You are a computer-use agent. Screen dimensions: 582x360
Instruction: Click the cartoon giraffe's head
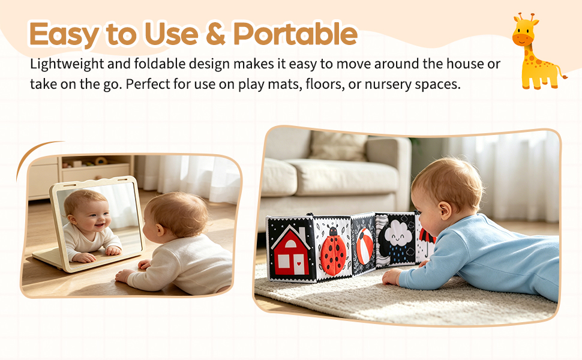(525, 32)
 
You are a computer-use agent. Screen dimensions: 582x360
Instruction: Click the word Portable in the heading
(295, 34)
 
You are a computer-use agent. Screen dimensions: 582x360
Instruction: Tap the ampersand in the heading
(215, 34)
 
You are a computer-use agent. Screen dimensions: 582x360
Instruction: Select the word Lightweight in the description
(67, 64)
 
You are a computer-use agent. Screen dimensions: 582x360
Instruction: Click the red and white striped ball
(364, 245)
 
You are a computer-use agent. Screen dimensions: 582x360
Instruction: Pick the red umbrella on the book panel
(427, 238)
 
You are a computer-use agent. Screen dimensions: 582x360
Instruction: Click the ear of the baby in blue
(444, 211)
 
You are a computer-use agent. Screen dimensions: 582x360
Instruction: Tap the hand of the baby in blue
(392, 277)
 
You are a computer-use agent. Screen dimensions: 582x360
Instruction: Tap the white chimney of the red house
(301, 233)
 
